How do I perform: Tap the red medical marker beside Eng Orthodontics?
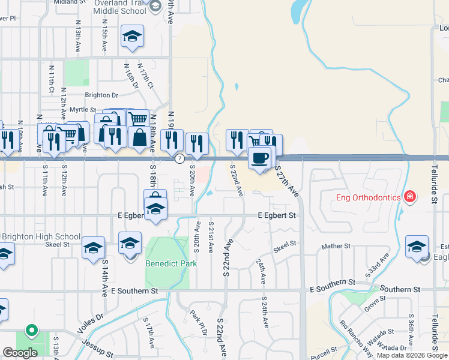[x=410, y=196]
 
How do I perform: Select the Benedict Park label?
[x=167, y=263]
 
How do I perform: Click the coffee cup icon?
[x=260, y=158]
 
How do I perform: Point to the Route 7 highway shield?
[x=179, y=159]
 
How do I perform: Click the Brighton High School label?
[x=41, y=236]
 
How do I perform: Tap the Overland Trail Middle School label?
[x=120, y=7]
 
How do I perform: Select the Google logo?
[x=20, y=353]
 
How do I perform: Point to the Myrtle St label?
[x=83, y=110]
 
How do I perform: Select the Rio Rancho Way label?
[x=356, y=339]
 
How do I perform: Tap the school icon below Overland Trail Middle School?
[x=131, y=37]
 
